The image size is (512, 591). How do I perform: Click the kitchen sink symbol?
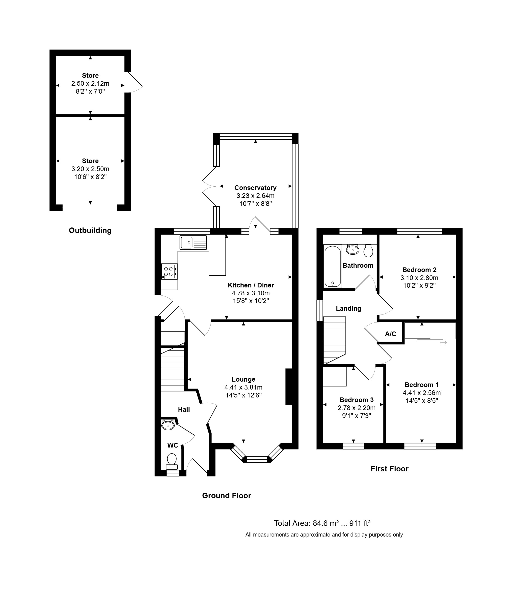[x=193, y=243]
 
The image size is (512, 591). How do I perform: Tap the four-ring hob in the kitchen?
[x=169, y=271]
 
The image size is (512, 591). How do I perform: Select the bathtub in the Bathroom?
[x=333, y=266]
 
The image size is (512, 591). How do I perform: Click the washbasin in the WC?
[x=168, y=425]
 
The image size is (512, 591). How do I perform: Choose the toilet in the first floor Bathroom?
[x=368, y=251]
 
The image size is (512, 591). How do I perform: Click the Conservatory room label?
[x=255, y=188]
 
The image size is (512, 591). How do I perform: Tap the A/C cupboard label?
[x=391, y=334]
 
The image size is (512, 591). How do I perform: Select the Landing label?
[x=348, y=309]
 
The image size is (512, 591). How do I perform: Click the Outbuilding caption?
[x=90, y=230]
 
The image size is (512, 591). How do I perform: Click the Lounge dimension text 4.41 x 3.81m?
[x=243, y=387]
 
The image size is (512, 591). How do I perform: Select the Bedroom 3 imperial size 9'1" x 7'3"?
[x=357, y=416]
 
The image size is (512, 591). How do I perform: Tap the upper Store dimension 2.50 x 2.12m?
[x=90, y=83]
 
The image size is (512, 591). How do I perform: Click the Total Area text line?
[x=322, y=523]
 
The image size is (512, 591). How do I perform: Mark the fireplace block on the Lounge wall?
[x=289, y=387]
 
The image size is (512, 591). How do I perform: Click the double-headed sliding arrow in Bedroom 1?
[x=443, y=342]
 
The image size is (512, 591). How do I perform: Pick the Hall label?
[x=184, y=410]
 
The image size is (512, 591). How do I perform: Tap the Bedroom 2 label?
[x=419, y=270]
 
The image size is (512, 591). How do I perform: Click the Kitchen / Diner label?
[x=251, y=285]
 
